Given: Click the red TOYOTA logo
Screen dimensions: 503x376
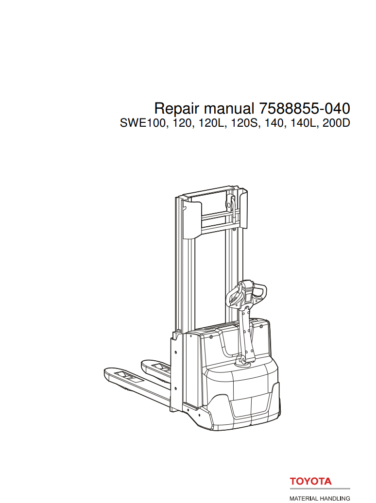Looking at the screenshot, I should coord(311,482).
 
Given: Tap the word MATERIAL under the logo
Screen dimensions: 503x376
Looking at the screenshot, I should coord(305,499).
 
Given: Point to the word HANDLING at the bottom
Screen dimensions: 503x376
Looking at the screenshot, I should coord(336,499).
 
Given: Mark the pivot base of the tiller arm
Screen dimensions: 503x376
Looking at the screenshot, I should coord(241,361).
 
